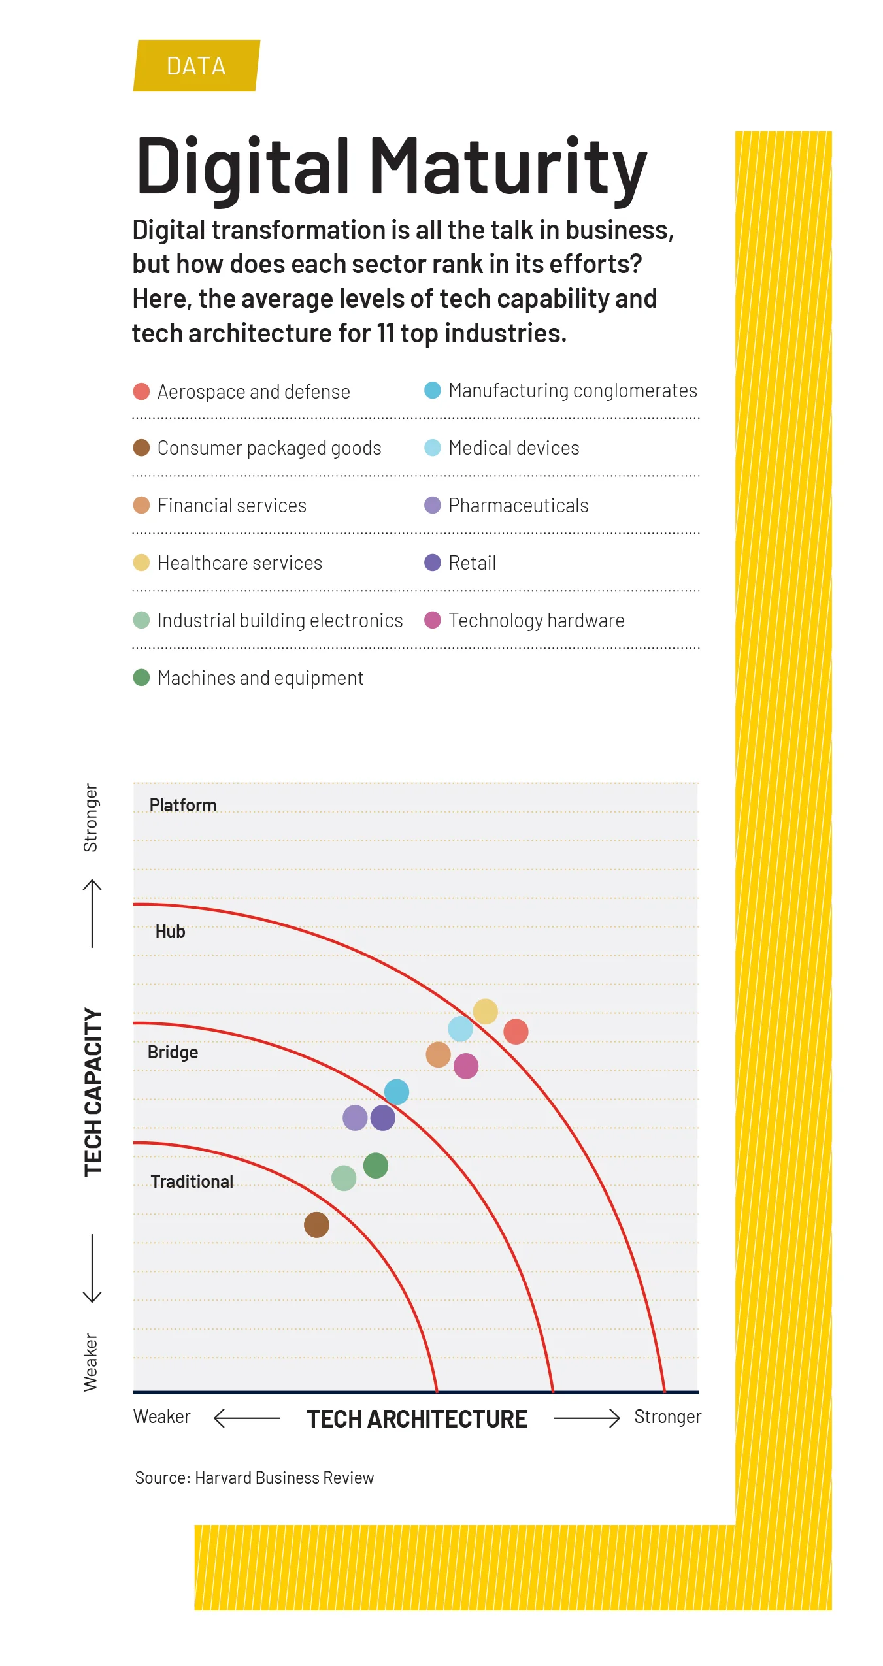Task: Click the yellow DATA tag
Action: point(196,66)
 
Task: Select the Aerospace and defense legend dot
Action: point(141,391)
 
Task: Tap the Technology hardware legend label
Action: point(536,620)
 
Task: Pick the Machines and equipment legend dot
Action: point(141,678)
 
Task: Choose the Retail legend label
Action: point(472,563)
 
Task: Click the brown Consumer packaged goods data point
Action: point(316,1224)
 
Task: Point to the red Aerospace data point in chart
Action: point(516,1032)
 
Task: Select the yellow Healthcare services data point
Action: point(485,1011)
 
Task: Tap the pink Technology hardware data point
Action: point(465,1066)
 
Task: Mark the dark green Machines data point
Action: point(375,1166)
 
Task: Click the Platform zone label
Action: point(182,805)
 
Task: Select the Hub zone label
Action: point(170,931)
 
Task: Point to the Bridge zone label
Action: point(173,1052)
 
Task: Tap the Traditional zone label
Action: point(192,1181)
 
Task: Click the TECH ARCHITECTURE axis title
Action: point(417,1419)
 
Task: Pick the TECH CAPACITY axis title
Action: point(93,1092)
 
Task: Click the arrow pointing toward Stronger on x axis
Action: point(586,1418)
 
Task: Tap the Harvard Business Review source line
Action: point(254,1478)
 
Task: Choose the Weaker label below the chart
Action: point(161,1416)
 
